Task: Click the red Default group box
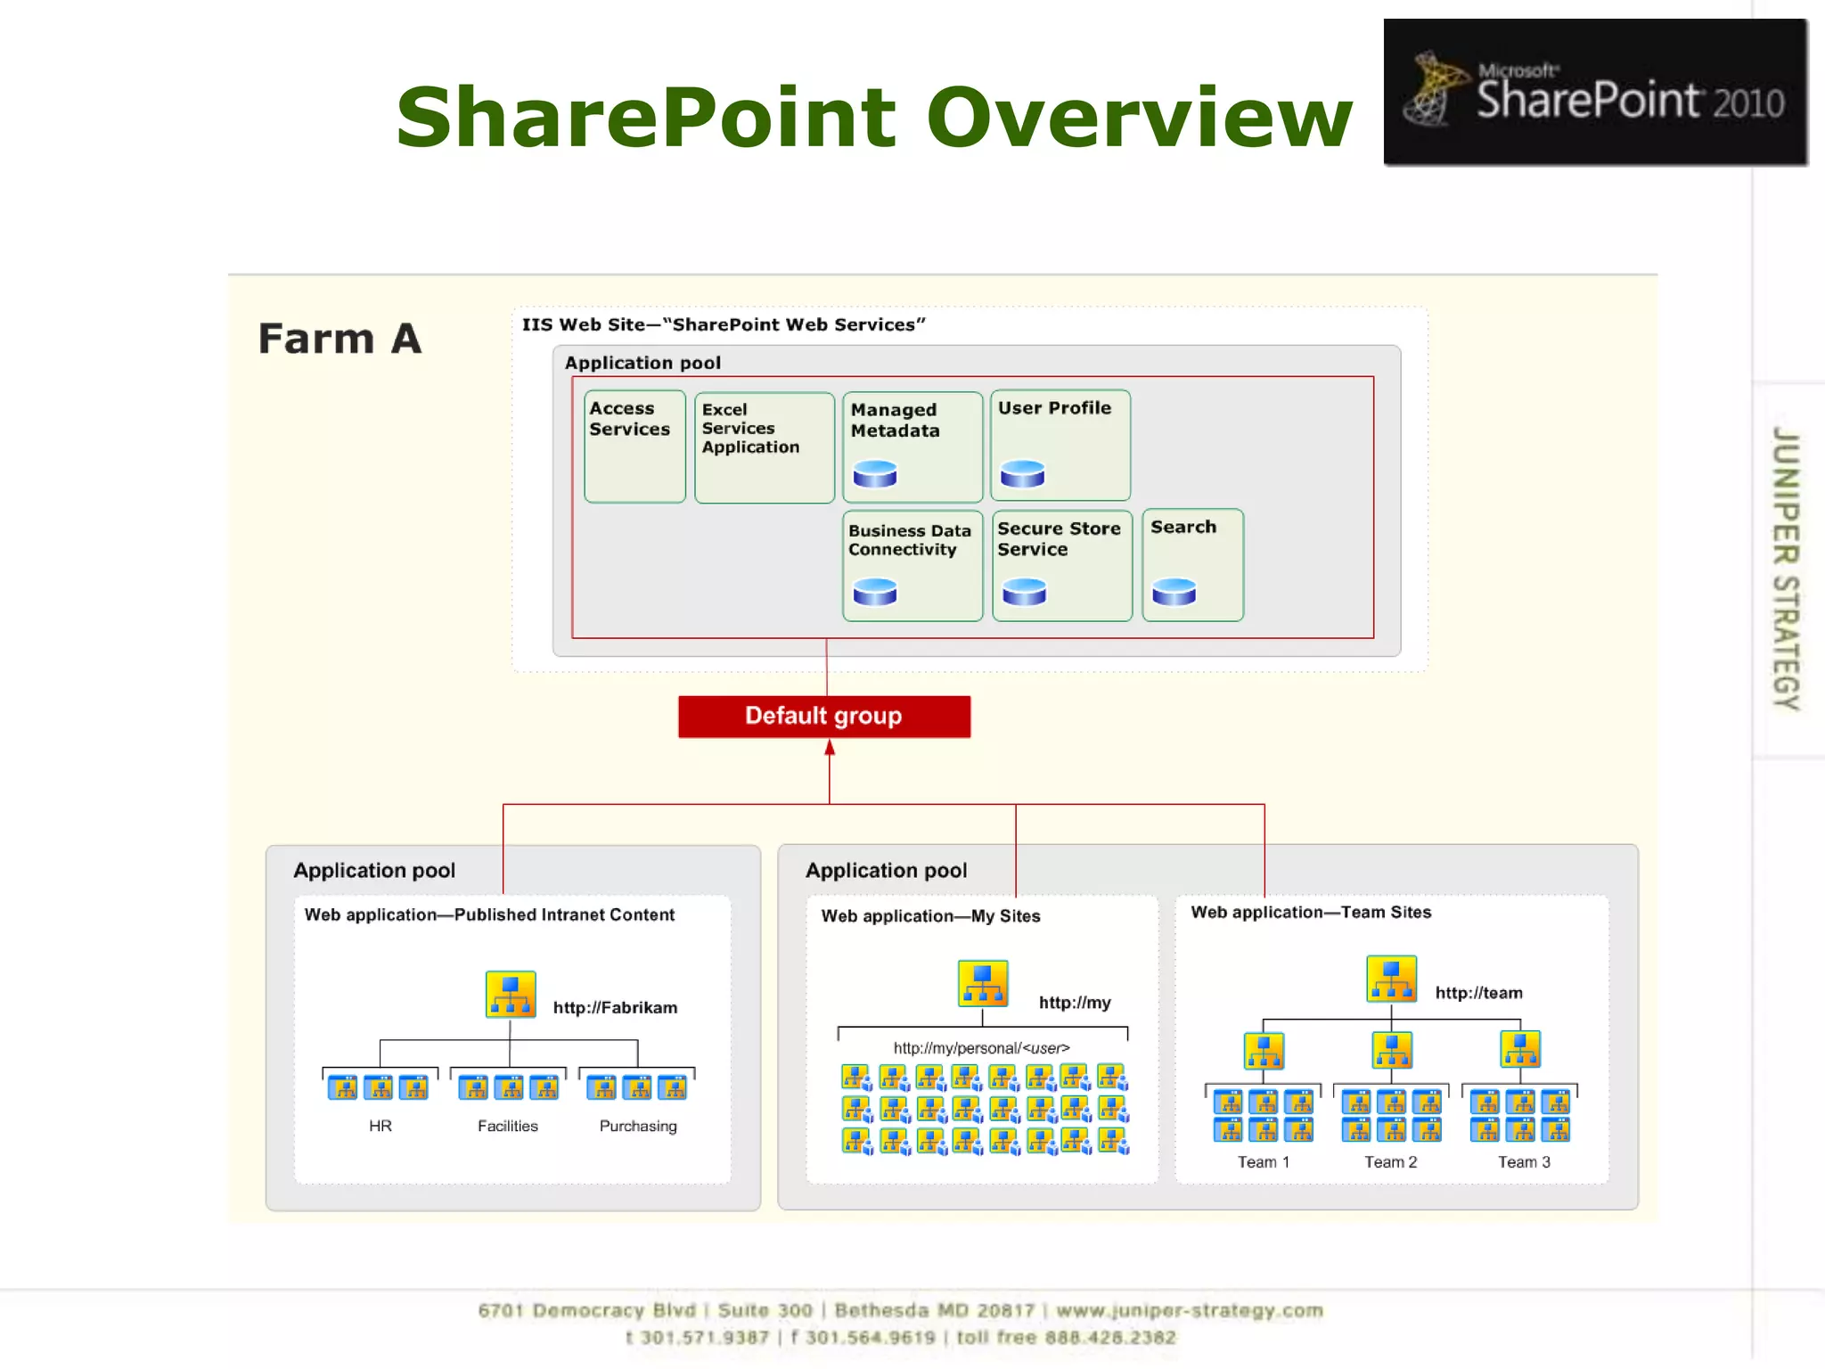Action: pos(823,717)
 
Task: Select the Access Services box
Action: pos(634,446)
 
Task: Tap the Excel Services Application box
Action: pos(764,447)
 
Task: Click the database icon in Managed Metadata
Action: pos(875,473)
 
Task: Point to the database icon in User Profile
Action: pos(1022,473)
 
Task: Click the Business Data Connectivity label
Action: pos(909,540)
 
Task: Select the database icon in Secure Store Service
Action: pos(1024,592)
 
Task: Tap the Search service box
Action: pos(1192,564)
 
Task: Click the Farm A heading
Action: pos(340,340)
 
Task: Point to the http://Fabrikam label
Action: pos(615,1007)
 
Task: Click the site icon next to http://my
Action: pos(982,983)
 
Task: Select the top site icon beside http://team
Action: pos(1391,979)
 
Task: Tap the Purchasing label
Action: pos(638,1126)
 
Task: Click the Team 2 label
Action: pos(1390,1162)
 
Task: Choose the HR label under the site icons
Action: pos(381,1126)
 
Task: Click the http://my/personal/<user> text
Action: pos(981,1048)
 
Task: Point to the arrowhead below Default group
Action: pos(830,748)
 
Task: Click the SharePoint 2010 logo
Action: pos(1595,92)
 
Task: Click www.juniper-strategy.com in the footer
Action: pos(1189,1310)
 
